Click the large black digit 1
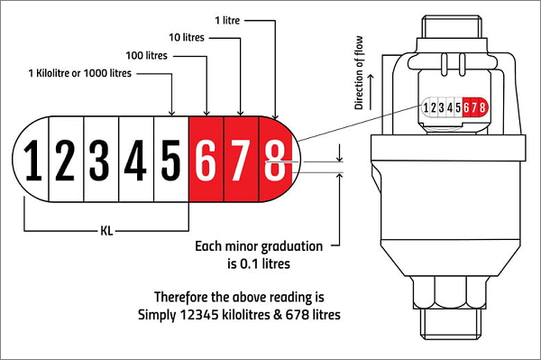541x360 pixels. [33, 161]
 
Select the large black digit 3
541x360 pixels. [99, 161]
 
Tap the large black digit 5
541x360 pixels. [170, 161]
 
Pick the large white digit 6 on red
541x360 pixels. [206, 161]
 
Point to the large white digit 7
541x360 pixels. [241, 161]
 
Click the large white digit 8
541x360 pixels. [275, 161]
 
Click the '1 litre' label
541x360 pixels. [227, 21]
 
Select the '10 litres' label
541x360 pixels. [187, 37]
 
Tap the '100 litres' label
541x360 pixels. [147, 55]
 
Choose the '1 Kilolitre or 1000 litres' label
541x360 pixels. [80, 73]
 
